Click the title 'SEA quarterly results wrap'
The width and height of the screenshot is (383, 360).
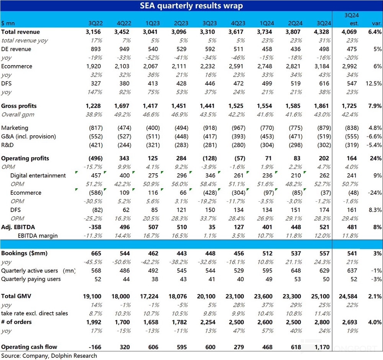pyautogui.click(x=191, y=6)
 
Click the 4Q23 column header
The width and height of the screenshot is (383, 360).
pyautogui.click(x=238, y=23)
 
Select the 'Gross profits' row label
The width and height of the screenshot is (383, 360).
pyautogui.click(x=19, y=106)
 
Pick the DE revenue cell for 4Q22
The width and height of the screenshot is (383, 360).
pyautogui.click(x=124, y=49)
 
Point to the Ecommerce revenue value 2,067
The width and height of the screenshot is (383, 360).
pyautogui.click(x=151, y=66)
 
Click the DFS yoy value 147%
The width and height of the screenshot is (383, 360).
pyautogui.click(x=95, y=92)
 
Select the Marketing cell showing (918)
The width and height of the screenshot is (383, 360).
pyautogui.click(x=210, y=128)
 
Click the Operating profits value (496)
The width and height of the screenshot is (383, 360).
pyautogui.click(x=95, y=158)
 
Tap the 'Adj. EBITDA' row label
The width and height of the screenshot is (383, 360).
pyautogui.click(x=18, y=227)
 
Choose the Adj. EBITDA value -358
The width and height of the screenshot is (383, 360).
pyautogui.click(x=95, y=227)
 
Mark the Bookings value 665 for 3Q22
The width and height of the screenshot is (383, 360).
pyautogui.click(x=96, y=253)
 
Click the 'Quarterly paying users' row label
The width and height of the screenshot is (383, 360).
pyautogui.click(x=31, y=279)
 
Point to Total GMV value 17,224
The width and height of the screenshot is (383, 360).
pyautogui.click(x=149, y=296)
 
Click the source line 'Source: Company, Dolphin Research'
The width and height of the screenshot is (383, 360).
pyautogui.click(x=49, y=356)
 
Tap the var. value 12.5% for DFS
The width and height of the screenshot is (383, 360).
pyautogui.click(x=373, y=84)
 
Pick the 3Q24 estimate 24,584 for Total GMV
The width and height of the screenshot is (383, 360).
pyautogui.click(x=348, y=296)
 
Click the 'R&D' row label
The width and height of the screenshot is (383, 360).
pyautogui.click(x=7, y=145)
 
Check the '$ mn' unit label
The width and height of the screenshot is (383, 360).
pyautogui.click(x=8, y=23)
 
